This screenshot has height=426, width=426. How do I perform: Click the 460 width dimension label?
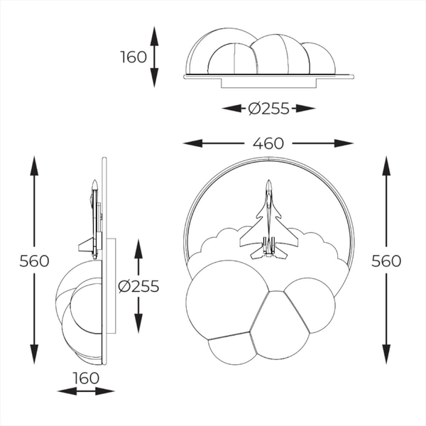pos(268,143)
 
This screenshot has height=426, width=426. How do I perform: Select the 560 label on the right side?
pos(386,261)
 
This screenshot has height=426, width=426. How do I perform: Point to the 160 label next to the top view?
pos(133,56)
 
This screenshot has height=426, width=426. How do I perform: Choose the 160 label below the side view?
pos(86,378)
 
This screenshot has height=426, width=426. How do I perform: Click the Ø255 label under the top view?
pos(268,109)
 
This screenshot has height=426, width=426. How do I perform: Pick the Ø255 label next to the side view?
pos(138,286)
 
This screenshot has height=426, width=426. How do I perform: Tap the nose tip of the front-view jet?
pos(268,182)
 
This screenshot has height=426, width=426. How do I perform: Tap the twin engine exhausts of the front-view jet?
pos(268,248)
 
